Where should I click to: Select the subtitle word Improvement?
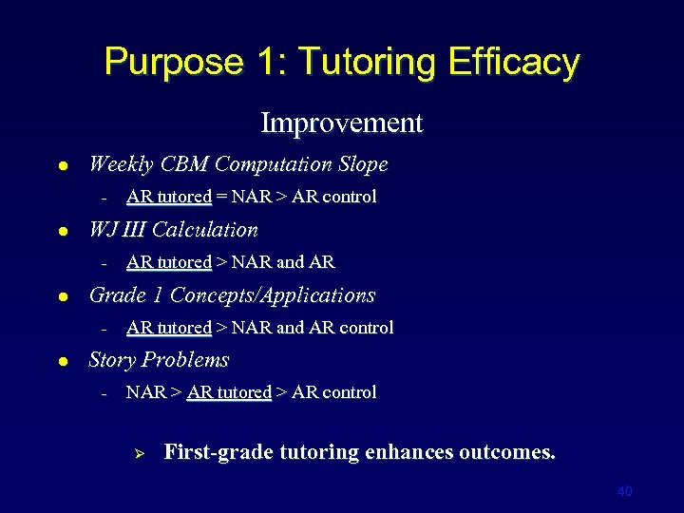click(341, 123)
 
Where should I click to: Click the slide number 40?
click(624, 491)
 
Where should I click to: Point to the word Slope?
click(360, 164)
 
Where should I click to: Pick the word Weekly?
click(121, 164)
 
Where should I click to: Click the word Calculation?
click(204, 230)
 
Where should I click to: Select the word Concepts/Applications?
click(275, 295)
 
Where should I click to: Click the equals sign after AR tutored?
click(220, 198)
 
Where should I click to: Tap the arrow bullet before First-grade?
click(135, 453)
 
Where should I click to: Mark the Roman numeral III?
click(132, 230)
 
